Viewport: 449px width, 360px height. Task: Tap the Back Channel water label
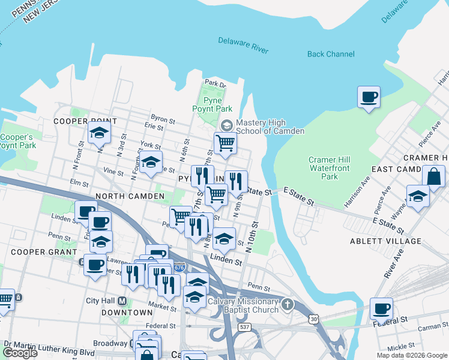click(331, 54)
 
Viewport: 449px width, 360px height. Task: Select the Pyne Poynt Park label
click(212, 104)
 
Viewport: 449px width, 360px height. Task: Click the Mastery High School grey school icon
click(226, 125)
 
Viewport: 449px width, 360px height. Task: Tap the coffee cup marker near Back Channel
click(369, 97)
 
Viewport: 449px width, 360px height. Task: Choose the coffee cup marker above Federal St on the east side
click(381, 308)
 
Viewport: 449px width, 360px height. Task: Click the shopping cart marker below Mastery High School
click(225, 143)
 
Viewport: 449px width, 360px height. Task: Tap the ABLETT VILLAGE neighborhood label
click(386, 241)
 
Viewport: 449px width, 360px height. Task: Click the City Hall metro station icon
click(122, 301)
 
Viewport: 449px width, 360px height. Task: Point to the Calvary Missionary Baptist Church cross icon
click(288, 305)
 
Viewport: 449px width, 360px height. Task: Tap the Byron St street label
click(163, 119)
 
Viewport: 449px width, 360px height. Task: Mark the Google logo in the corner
click(20, 353)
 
